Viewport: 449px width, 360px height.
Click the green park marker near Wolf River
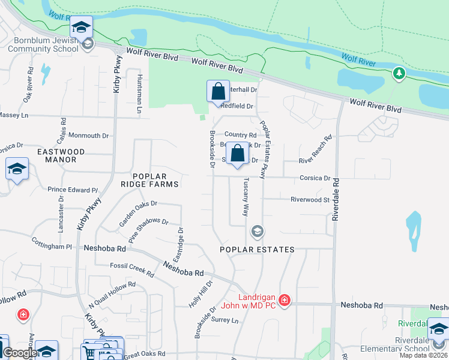399,74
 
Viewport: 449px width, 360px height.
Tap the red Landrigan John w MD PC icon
285,300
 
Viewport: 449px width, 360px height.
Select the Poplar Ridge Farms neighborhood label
149,179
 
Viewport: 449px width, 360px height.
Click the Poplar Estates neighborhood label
257,250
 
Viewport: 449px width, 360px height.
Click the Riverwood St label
310,199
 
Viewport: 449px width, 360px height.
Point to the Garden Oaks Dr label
137,212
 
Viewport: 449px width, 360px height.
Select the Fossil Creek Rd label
132,269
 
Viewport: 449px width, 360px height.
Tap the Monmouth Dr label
88,136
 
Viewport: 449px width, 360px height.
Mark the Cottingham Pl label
52,247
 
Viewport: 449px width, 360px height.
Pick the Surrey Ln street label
225,320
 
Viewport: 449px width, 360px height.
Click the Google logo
20,353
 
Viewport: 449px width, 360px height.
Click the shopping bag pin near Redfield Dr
218,92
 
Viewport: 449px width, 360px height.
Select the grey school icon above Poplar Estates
257,231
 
